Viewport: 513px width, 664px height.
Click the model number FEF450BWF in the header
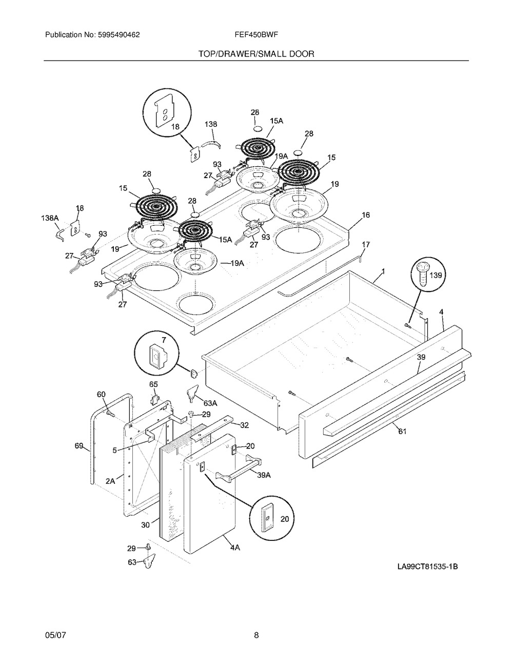coord(255,35)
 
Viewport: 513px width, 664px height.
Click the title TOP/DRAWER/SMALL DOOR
coord(256,53)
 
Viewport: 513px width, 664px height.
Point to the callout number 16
coord(365,216)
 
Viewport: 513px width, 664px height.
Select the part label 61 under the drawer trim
coord(402,432)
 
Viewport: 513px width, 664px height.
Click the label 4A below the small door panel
coord(234,548)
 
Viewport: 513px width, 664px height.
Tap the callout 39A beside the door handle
coord(263,475)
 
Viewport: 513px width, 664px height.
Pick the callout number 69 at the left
coord(79,446)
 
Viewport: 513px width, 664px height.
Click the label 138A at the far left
coord(50,218)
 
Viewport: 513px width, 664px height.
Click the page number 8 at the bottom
coord(256,636)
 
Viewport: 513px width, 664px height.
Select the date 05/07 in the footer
coord(55,636)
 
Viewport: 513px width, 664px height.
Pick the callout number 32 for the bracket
coord(244,424)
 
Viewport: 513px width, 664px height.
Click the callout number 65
coord(153,384)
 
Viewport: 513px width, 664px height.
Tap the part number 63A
coord(210,403)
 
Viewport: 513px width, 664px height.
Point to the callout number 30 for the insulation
coord(146,525)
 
